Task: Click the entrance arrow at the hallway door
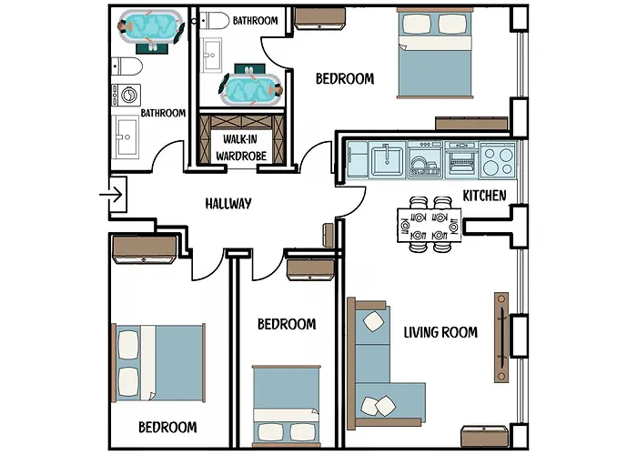click(x=115, y=193)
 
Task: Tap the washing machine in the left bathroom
click(x=125, y=96)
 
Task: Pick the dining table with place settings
click(x=430, y=224)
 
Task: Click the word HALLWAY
click(x=227, y=203)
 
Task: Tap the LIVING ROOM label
click(x=440, y=332)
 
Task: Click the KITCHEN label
click(x=484, y=196)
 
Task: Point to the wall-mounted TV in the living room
click(x=500, y=338)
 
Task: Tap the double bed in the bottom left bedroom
click(x=158, y=361)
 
